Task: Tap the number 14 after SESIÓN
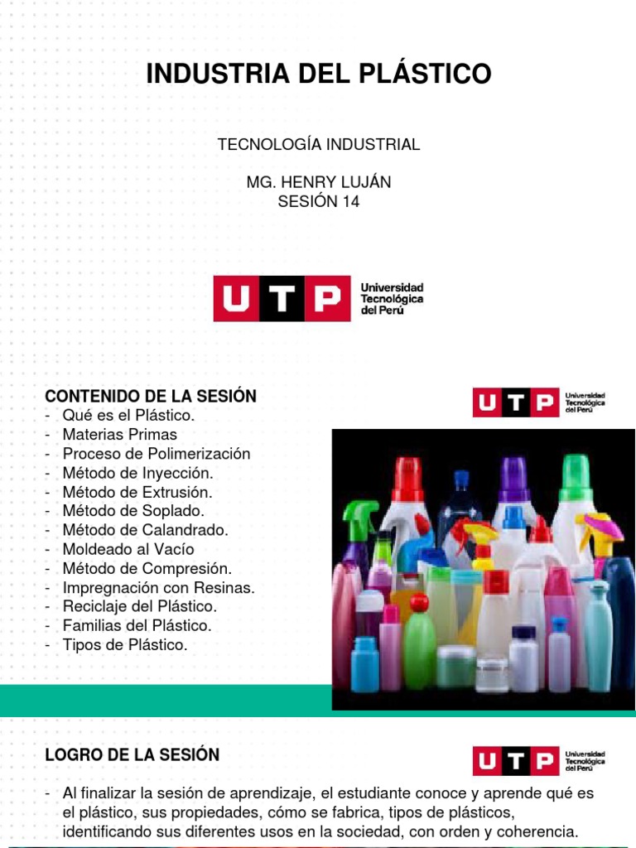(351, 201)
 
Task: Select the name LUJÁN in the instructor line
(363, 181)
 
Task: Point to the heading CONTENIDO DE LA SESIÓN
(150, 397)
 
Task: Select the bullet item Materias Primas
(119, 435)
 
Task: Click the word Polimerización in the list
(205, 454)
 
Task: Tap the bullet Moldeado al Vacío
(128, 549)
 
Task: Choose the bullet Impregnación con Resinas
(158, 587)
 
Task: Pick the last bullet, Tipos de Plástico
(124, 644)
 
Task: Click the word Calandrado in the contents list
(188, 530)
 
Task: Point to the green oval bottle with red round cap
(419, 638)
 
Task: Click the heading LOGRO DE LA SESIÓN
(132, 755)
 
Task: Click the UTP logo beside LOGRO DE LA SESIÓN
(515, 760)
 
